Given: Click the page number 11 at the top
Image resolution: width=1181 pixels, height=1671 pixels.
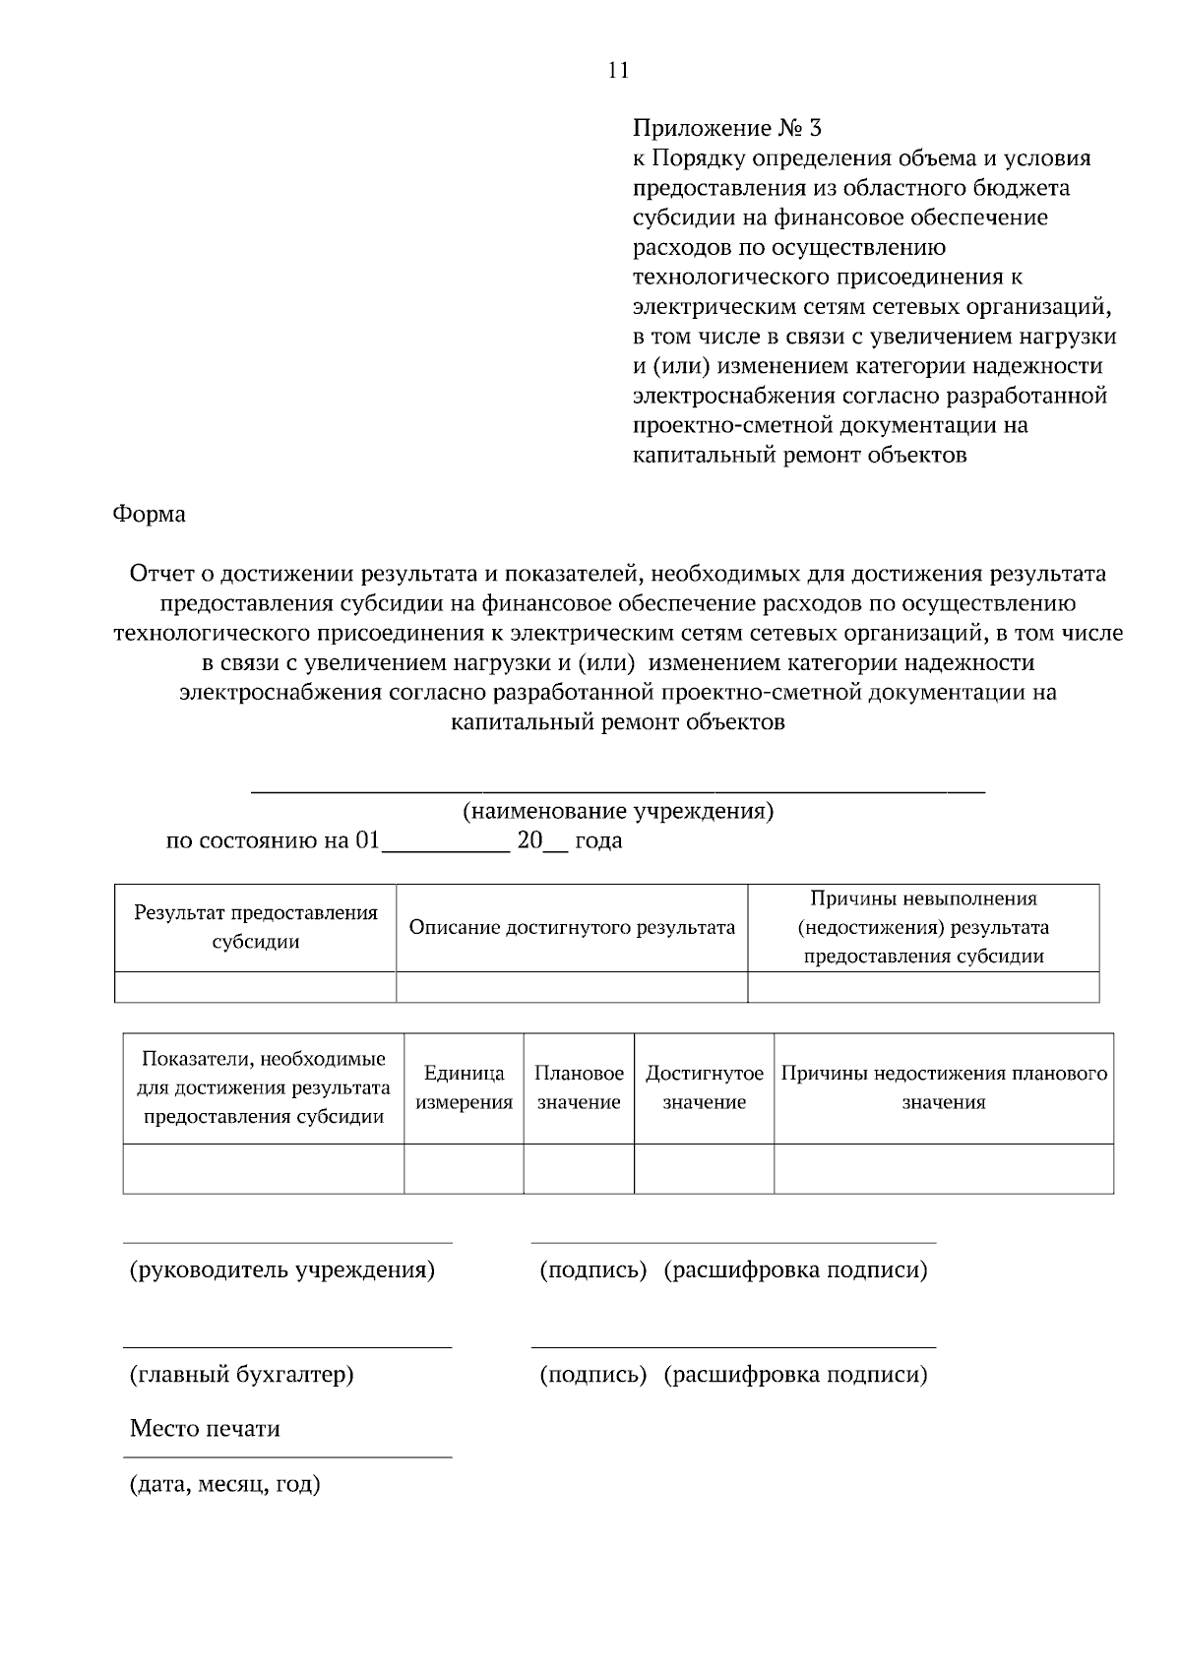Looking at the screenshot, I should (618, 70).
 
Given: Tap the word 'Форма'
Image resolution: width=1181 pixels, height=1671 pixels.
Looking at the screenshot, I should (149, 514).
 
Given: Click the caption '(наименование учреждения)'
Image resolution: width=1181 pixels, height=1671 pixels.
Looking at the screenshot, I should (618, 811).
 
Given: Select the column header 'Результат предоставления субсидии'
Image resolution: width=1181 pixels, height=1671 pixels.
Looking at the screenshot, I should (256, 927).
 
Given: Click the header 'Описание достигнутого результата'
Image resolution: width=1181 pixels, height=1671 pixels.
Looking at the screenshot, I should (572, 927).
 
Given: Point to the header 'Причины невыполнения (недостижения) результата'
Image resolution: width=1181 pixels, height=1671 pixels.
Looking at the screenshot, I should (923, 927).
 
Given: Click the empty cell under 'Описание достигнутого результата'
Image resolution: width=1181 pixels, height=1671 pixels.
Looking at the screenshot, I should (572, 986).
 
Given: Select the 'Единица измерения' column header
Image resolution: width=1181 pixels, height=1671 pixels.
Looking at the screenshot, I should (464, 1087).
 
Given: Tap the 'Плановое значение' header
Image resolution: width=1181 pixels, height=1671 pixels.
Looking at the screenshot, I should (579, 1087).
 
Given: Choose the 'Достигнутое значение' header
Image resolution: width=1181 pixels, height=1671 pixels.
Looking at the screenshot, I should (704, 1087).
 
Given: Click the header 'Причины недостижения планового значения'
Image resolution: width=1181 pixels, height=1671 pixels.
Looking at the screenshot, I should (943, 1087).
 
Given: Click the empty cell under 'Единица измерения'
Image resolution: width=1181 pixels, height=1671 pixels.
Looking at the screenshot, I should (464, 1168).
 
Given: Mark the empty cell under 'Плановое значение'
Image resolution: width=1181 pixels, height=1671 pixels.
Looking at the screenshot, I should (579, 1168).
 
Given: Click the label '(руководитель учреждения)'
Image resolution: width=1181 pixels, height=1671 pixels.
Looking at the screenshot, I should (282, 1269).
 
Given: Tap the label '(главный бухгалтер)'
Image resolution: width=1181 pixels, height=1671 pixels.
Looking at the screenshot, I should (242, 1374).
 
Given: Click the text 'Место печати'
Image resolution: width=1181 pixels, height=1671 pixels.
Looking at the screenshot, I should (205, 1428).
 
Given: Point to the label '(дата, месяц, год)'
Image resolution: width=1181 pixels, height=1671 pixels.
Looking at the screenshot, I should (225, 1483).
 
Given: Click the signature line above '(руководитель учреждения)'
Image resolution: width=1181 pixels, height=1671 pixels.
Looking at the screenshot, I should (287, 1243).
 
